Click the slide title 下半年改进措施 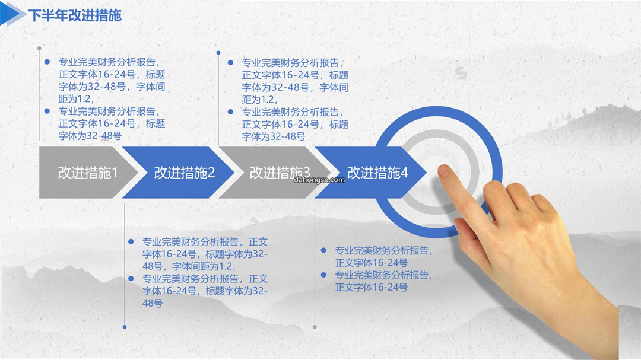75,15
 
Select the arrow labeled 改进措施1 88,173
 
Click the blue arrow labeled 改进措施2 178,173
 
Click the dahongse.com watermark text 319,180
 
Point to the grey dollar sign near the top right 461,73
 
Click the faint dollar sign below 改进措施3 255,221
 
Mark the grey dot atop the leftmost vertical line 39,48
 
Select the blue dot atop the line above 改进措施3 218,53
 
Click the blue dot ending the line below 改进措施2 125,327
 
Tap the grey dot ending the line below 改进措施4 315,327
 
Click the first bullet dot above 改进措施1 47,62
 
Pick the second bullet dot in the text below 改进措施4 324,275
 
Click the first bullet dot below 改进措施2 131,241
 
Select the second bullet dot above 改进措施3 230,111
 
